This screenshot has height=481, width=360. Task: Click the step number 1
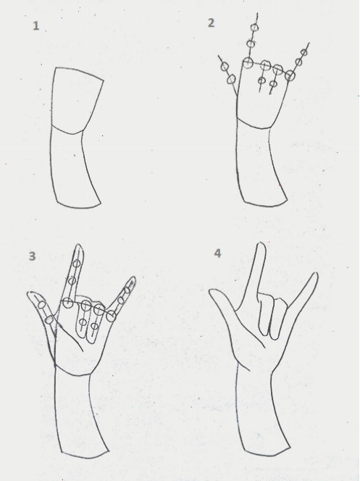[x=36, y=26]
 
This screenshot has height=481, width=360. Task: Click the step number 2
[x=211, y=23]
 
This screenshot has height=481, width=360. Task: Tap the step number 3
[x=32, y=256]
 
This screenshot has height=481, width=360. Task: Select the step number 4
[x=217, y=254]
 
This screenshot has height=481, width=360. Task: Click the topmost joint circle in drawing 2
[x=254, y=28]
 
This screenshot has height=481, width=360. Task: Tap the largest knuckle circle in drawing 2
[x=248, y=62]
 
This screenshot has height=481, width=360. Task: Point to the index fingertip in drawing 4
[x=261, y=244]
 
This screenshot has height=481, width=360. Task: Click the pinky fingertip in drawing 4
[x=315, y=275]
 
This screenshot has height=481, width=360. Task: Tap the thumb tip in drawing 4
[x=212, y=291]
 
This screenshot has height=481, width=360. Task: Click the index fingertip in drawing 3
[x=79, y=246]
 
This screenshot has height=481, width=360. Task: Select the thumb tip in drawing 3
[x=30, y=293]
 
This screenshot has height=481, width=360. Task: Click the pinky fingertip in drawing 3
[x=133, y=279]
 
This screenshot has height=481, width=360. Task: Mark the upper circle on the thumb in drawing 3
[x=42, y=305]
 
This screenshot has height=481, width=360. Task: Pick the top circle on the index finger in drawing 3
[x=77, y=264]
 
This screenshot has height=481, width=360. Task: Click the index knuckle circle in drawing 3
[x=68, y=303]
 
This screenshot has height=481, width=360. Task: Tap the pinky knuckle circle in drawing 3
[x=112, y=316]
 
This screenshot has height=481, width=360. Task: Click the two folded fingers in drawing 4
[x=272, y=316]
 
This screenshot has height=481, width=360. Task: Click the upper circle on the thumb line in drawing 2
[x=225, y=66]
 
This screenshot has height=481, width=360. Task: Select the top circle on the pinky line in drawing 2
[x=304, y=52]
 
